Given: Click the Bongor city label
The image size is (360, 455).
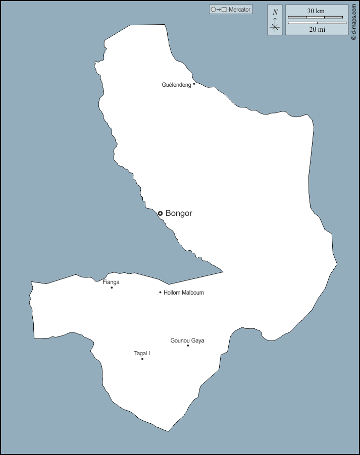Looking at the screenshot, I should (x=179, y=213).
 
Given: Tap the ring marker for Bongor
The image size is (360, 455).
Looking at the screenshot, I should (x=160, y=213).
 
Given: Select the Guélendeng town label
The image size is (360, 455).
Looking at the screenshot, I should (x=176, y=85).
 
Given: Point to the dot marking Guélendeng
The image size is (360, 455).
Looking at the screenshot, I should (x=194, y=84).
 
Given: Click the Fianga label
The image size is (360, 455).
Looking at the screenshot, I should (x=111, y=282).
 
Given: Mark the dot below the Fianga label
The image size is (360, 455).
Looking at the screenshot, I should (x=112, y=288).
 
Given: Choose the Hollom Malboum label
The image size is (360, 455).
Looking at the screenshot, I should (x=184, y=293).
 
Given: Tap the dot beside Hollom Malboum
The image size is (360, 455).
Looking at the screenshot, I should (x=160, y=292).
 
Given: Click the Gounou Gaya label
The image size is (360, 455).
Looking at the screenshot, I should (x=187, y=340).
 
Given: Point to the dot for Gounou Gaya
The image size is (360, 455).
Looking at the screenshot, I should (x=188, y=346).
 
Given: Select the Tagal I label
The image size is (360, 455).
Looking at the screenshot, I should (x=142, y=353).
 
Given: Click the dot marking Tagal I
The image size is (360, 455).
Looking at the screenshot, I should (x=142, y=359).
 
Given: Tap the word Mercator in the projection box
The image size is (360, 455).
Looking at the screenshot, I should (x=240, y=10).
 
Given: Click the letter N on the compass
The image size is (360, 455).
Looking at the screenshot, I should (x=275, y=12).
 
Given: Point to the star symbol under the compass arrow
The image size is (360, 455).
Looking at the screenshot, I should (x=275, y=28).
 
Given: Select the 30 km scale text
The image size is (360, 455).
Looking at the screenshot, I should (x=316, y=11).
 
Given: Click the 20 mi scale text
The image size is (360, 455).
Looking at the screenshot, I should (x=317, y=30).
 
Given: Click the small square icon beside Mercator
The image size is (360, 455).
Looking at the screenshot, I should (x=224, y=10).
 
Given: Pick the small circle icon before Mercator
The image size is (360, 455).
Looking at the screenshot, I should (x=213, y=10).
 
